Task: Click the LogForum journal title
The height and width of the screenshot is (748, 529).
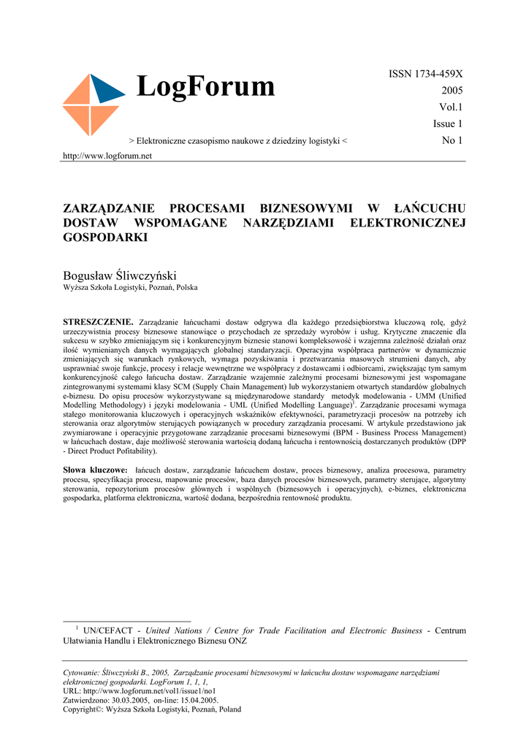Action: [x=205, y=87]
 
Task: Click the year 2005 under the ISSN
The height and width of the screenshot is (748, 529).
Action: [x=452, y=91]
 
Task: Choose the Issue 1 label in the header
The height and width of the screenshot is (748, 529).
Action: [x=448, y=123]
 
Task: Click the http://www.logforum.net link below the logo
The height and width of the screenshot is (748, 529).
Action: [x=107, y=156]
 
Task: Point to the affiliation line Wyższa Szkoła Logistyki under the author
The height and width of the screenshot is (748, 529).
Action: [x=130, y=287]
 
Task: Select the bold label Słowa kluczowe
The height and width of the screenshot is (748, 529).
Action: [x=96, y=470]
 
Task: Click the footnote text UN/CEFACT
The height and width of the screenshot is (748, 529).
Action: [x=108, y=630]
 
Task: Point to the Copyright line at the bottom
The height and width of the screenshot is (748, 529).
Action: [x=152, y=709]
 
